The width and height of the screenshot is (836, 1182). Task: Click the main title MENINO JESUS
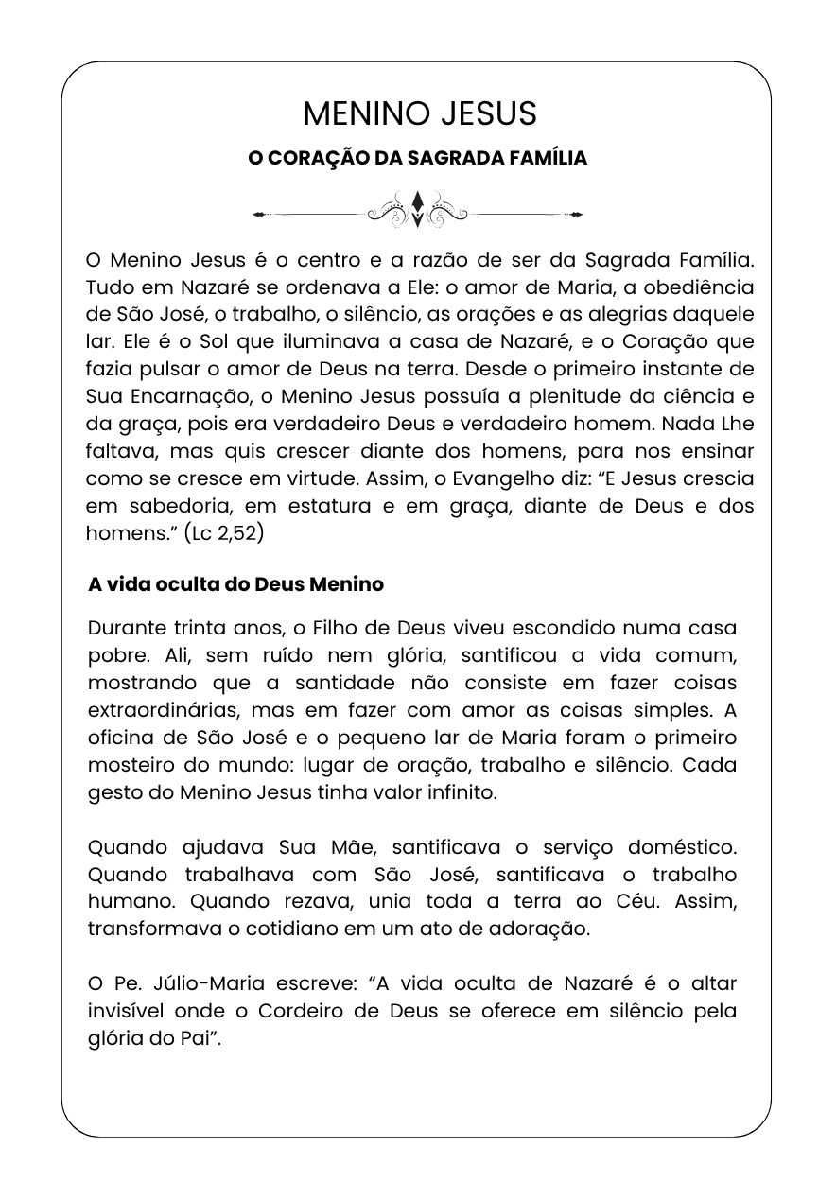tap(419, 113)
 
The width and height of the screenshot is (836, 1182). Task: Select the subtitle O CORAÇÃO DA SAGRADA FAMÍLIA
tap(417, 158)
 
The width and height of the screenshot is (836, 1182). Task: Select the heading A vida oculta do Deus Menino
tap(235, 584)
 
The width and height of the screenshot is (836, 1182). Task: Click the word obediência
tap(685, 287)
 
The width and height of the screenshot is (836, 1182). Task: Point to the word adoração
tap(542, 929)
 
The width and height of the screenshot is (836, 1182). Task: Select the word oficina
tap(120, 737)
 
